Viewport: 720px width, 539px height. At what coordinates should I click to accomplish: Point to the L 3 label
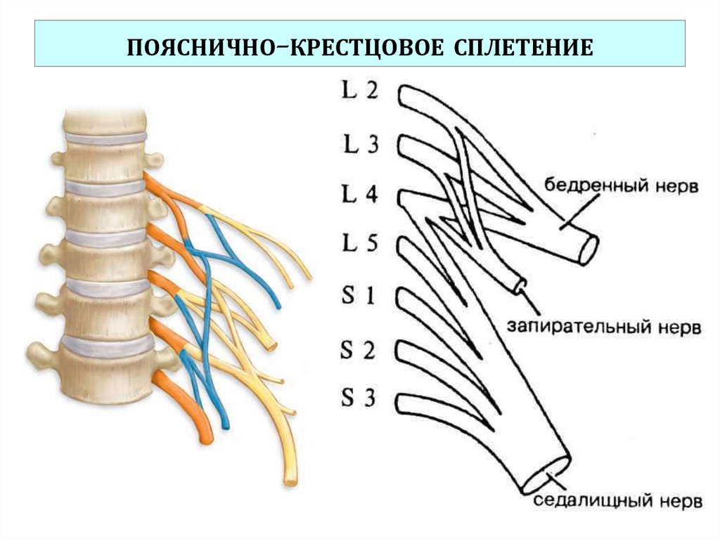click(x=360, y=145)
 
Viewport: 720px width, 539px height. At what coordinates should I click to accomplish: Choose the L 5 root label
click(x=360, y=245)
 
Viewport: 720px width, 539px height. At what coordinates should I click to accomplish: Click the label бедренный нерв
click(x=622, y=188)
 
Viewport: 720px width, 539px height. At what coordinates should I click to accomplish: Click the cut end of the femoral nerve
click(x=589, y=249)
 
